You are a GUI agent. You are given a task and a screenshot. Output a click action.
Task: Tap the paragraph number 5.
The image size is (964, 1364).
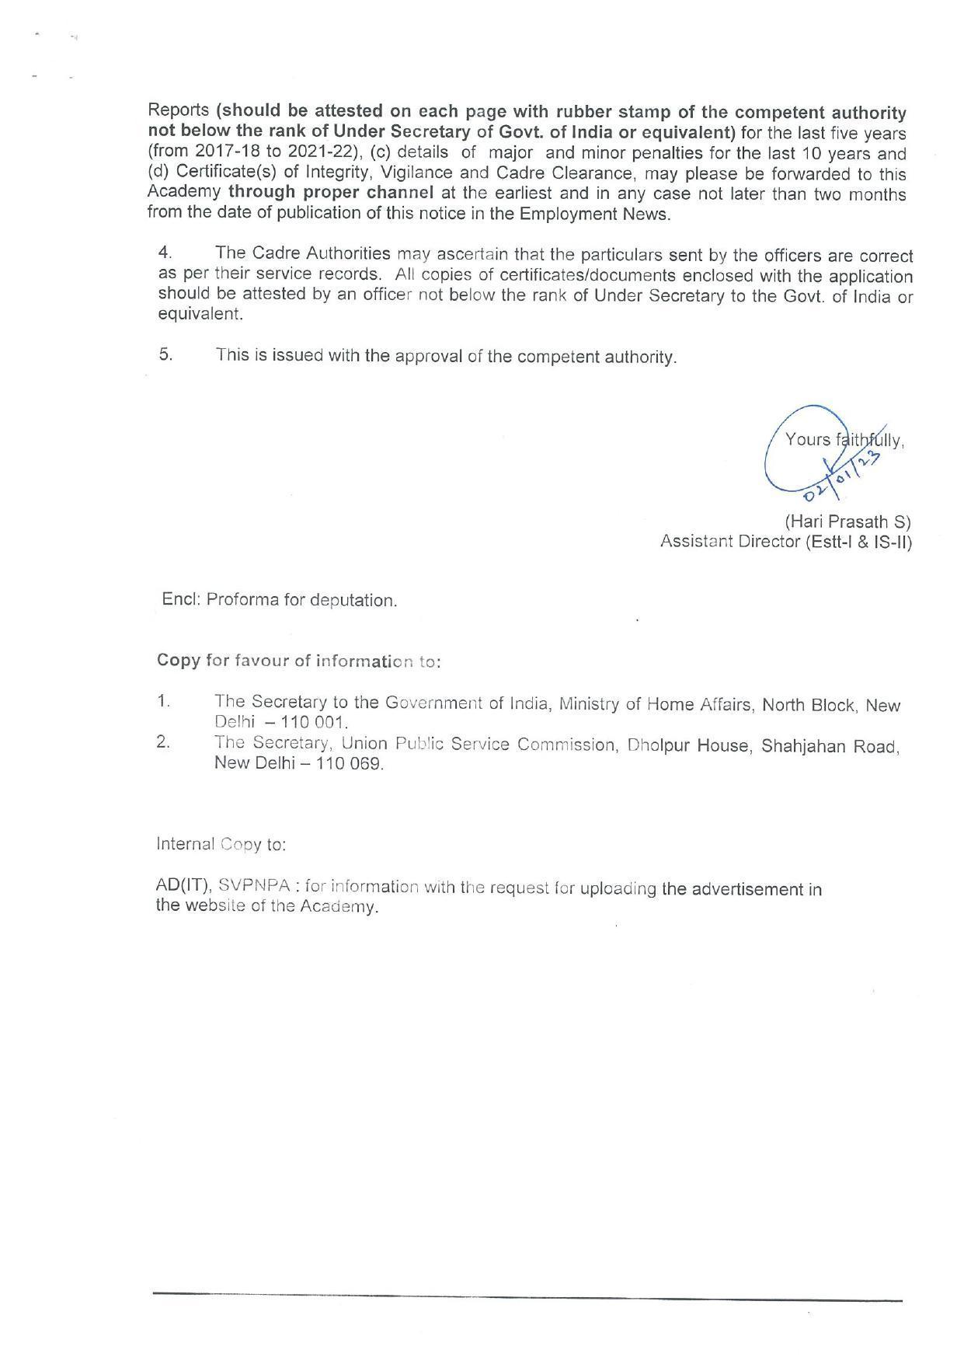click(x=165, y=354)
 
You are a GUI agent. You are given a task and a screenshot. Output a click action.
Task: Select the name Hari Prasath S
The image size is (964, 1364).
click(x=847, y=522)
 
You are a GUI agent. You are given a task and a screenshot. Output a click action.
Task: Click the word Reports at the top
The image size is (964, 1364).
click(x=178, y=111)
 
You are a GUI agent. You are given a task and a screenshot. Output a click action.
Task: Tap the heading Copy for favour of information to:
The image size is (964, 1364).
click(x=299, y=661)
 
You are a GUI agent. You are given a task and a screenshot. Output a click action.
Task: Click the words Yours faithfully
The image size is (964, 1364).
click(x=844, y=440)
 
